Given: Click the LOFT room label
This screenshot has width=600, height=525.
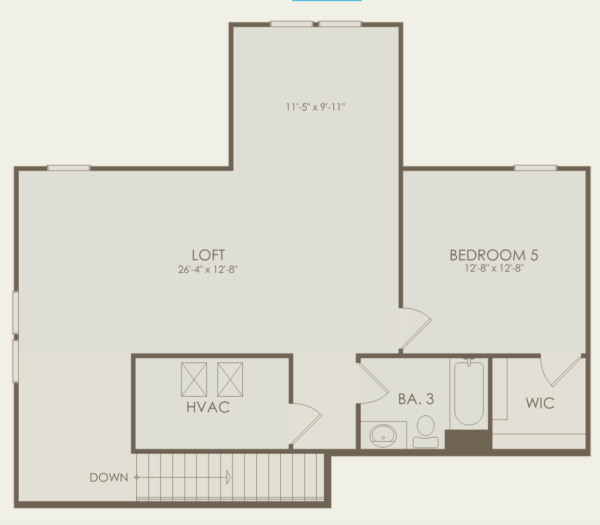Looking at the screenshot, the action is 208,255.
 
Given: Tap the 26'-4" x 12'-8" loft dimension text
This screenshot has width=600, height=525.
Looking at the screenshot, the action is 208,269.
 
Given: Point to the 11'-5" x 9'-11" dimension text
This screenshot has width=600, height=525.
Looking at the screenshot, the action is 315,107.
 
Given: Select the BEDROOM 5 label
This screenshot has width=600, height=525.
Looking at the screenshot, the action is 493,255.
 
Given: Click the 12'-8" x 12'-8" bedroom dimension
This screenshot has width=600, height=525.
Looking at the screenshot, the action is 494,268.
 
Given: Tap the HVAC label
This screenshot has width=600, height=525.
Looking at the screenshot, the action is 208,407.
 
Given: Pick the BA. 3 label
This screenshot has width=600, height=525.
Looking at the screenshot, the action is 416,399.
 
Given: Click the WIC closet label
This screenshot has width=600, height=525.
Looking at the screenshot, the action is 540,403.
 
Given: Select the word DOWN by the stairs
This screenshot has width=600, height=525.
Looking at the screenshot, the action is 109,478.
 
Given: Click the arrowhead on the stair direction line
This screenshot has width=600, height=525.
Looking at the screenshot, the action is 228,477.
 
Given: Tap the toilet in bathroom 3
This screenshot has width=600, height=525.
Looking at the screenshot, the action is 425,431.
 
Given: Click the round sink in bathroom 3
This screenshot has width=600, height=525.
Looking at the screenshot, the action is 383,436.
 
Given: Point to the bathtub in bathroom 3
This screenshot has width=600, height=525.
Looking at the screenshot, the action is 469,392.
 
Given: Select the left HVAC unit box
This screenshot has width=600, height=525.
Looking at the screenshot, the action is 194,379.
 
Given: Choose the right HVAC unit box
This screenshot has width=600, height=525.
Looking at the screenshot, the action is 230,379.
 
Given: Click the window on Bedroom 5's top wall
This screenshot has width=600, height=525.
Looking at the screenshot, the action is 536,168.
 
